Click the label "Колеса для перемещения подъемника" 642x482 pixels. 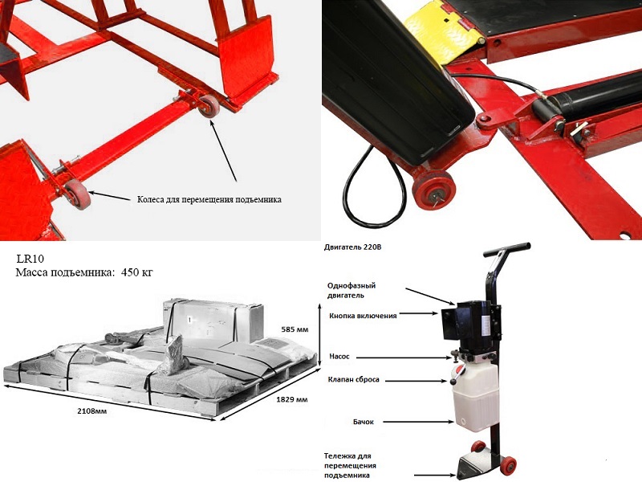pos(209,199)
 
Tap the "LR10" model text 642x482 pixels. pos(30,259)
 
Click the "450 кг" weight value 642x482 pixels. pos(136,272)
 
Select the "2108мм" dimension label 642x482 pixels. pos(92,411)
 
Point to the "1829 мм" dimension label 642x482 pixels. pos(292,399)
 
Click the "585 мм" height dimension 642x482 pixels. pos(295,329)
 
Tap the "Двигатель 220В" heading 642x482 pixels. pos(352,247)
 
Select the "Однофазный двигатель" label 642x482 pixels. pos(351,290)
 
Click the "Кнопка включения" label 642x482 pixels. pos(363,316)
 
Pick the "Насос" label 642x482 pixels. pos(339,357)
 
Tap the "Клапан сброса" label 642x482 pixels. pos(354,379)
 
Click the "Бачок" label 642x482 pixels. pos(364,422)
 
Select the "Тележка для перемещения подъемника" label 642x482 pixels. pos(350,466)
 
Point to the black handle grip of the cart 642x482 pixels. pos(507,249)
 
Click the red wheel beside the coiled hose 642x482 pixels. pos(433,190)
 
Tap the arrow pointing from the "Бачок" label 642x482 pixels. pos(418,422)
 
